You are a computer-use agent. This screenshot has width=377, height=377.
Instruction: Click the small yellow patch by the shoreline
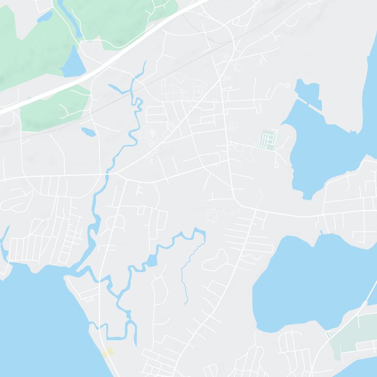(108, 352)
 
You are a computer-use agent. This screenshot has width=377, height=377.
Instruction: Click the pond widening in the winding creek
(151, 261)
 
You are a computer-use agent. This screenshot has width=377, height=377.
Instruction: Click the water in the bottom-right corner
(363, 368)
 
